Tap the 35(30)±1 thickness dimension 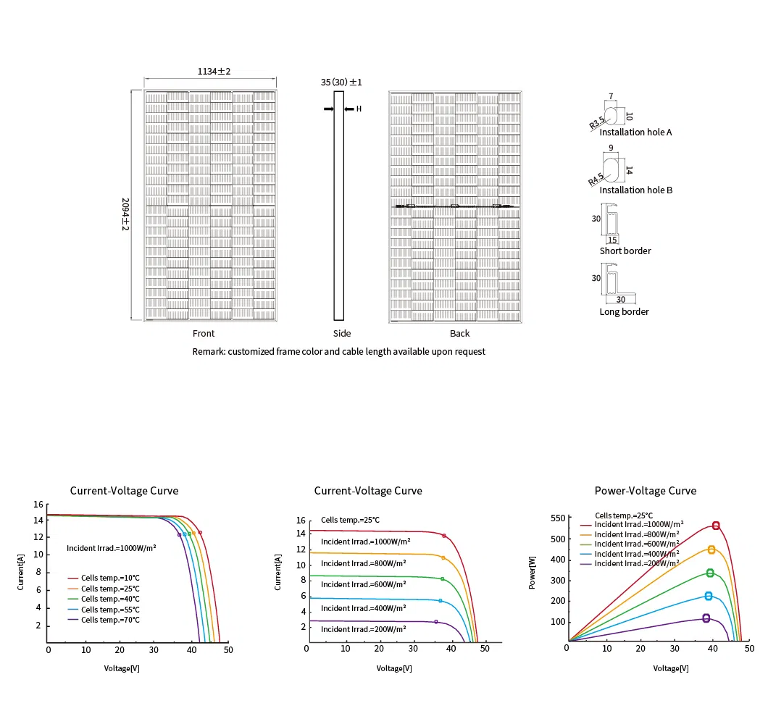pos(341,83)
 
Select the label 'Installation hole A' pos(635,132)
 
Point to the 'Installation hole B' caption pos(636,190)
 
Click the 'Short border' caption pos(625,251)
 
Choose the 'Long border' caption pos(624,312)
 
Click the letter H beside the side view pos(359,109)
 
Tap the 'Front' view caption pos(204,334)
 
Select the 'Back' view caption pos(459,334)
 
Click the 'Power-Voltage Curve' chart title pos(645,491)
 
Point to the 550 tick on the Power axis pos(556,518)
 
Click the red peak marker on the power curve pos(716,526)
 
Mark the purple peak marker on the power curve pos(706,618)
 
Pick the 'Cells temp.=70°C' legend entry pos(110,620)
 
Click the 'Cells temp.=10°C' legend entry pos(110,578)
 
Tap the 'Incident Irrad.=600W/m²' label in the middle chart pos(363,584)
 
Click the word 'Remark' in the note pos(208,352)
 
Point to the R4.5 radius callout pos(596,180)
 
